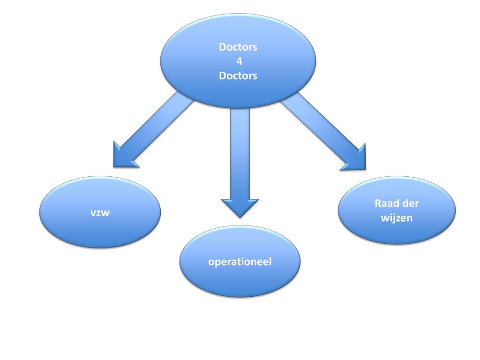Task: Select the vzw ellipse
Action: click(x=99, y=230)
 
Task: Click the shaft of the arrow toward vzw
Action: click(x=159, y=124)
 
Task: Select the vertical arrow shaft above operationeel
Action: click(x=240, y=150)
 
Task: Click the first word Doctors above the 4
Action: click(x=238, y=47)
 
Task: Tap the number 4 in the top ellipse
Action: click(x=238, y=61)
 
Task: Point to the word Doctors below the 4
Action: click(x=238, y=75)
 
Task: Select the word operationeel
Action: click(x=240, y=261)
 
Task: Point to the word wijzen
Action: click(x=397, y=217)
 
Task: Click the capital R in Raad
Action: click(x=378, y=204)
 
